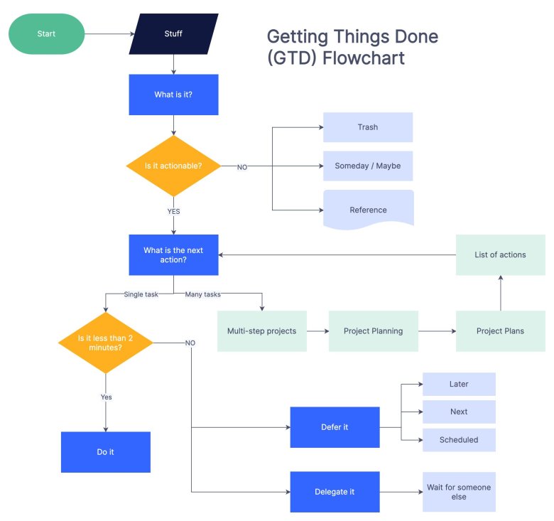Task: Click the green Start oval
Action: pyautogui.click(x=46, y=33)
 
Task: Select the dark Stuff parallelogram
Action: pyautogui.click(x=173, y=33)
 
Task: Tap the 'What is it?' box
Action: pyautogui.click(x=173, y=95)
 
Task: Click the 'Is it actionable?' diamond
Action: pyautogui.click(x=173, y=166)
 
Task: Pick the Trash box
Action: pyautogui.click(x=367, y=127)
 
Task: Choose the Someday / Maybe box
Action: pyautogui.click(x=367, y=166)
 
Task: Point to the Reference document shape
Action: pyautogui.click(x=368, y=209)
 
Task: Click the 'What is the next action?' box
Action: pyautogui.click(x=173, y=254)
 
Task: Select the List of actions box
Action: pyautogui.click(x=500, y=254)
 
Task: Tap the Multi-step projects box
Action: pyautogui.click(x=262, y=331)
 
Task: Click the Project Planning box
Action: pyautogui.click(x=373, y=331)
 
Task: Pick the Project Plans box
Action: pyautogui.click(x=500, y=331)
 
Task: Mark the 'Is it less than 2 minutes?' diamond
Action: pyautogui.click(x=105, y=343)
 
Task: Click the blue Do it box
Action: pyautogui.click(x=105, y=452)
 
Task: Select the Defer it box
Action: pyautogui.click(x=335, y=427)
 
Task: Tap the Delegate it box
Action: pyautogui.click(x=335, y=492)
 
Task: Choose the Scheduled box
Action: pyautogui.click(x=459, y=440)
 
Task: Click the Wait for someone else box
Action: pyautogui.click(x=459, y=492)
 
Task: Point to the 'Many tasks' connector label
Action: pyautogui.click(x=202, y=294)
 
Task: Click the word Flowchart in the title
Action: pyautogui.click(x=364, y=58)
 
